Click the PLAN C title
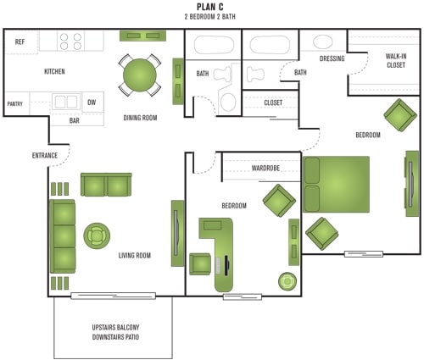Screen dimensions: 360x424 [x=211, y=7]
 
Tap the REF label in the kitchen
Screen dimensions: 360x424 [x=20, y=42]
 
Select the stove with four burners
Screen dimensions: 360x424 [x=70, y=40]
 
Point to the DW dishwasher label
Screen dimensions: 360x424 [x=92, y=103]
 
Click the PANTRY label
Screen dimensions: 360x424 [x=15, y=103]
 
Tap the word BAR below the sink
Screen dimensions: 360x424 [x=75, y=120]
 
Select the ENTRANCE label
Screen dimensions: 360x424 [x=44, y=155]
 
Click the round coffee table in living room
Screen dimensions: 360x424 [x=97, y=235]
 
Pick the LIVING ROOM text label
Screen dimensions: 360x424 [x=135, y=255]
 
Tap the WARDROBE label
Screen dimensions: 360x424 [x=265, y=168]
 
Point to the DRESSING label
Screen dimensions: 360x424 [x=332, y=58]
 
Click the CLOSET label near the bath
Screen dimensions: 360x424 [x=273, y=102]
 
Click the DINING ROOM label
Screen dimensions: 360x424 [x=141, y=118]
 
